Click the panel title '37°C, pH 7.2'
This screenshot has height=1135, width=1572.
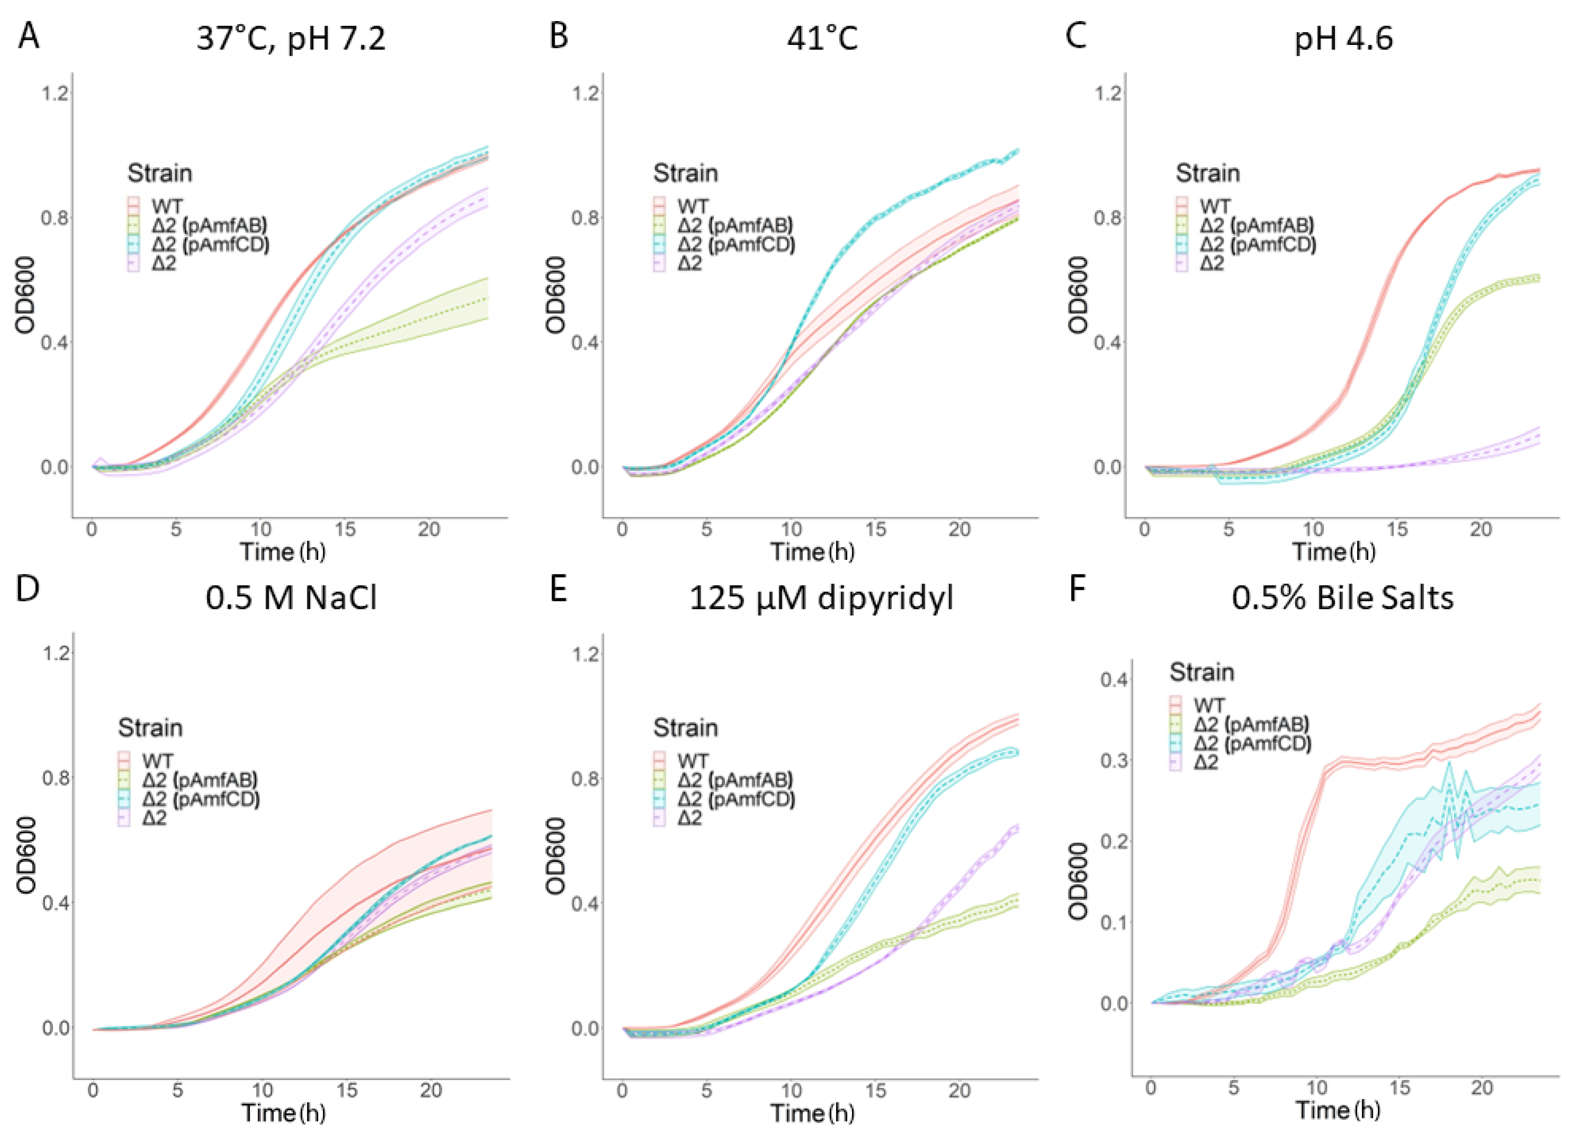[x=291, y=38]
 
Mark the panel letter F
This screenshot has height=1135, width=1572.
[x=1076, y=589]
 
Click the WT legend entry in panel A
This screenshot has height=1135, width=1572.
[x=166, y=206]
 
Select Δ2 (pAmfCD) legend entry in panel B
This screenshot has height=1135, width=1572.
[x=735, y=244]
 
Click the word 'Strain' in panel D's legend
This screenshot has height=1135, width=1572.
[x=151, y=728]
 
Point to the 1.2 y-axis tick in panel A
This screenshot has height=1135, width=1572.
[x=55, y=93]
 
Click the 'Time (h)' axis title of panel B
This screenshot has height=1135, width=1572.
[x=812, y=552]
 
